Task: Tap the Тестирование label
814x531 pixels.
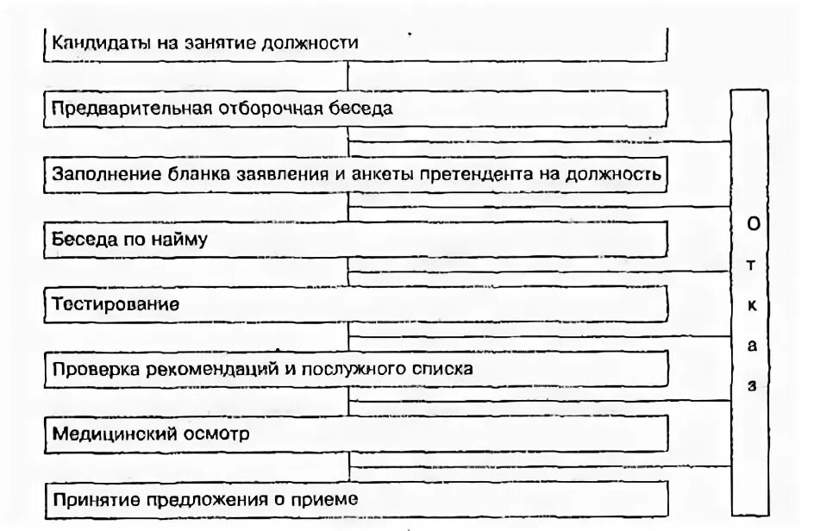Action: [116, 303]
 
